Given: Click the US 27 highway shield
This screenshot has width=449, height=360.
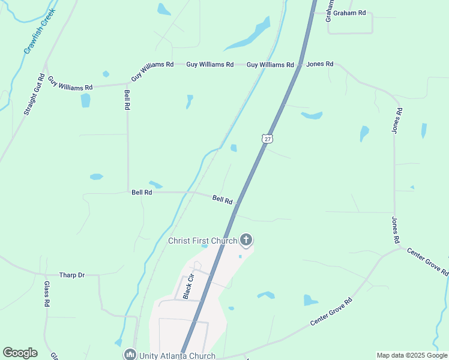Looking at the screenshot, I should click(x=267, y=138).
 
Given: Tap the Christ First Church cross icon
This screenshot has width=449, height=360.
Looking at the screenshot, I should click(x=246, y=241).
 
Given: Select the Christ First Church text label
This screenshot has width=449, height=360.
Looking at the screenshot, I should click(x=202, y=241).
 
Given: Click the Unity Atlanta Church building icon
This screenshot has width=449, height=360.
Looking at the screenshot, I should click(x=130, y=355).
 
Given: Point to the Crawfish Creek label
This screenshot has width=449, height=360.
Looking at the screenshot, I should click(x=40, y=31).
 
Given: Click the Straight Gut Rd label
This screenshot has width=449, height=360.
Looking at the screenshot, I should click(x=34, y=94).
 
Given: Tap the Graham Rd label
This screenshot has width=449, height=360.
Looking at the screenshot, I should click(x=349, y=13).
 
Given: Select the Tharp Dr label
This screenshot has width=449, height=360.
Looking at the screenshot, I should click(x=72, y=275).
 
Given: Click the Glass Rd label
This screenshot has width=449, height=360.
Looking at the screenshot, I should click(x=46, y=294).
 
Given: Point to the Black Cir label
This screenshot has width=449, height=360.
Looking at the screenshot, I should click(x=188, y=286).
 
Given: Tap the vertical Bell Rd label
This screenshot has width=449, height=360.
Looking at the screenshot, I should click(x=127, y=99).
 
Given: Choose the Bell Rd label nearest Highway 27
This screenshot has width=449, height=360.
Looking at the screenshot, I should click(x=222, y=199).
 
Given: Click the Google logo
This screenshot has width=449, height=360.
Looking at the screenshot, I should click(x=20, y=353).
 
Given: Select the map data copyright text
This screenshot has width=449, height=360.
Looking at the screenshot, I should click(x=412, y=355).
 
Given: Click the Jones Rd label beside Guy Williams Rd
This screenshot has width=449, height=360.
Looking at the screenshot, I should click(x=319, y=64).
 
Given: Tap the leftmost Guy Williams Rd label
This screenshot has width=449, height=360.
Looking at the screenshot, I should click(x=70, y=83).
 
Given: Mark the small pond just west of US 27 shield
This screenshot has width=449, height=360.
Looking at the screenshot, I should click(x=234, y=148).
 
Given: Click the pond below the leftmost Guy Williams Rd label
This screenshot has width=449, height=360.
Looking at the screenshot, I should click(x=85, y=100).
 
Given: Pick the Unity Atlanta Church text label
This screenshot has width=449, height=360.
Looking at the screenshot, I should click(x=177, y=355).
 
